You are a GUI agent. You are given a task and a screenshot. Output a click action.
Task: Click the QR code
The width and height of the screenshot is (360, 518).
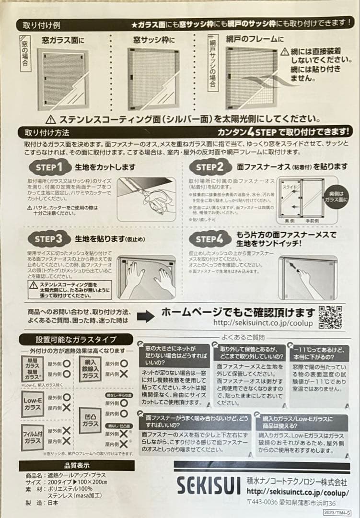tap(330, 317)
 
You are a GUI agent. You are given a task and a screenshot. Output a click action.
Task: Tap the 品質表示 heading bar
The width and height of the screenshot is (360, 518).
tap(77, 465)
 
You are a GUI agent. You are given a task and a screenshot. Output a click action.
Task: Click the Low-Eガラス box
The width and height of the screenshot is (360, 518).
tap(33, 403)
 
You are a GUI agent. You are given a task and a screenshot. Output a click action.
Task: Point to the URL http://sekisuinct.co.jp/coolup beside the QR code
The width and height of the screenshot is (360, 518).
tap(264, 324)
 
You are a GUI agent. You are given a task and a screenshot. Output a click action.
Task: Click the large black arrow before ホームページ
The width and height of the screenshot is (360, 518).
tap(145, 316)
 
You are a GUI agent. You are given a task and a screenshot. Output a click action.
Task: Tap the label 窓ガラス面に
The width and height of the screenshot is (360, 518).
tap(63, 41)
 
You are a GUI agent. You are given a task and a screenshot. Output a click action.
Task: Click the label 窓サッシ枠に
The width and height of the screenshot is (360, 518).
tap(154, 41)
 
